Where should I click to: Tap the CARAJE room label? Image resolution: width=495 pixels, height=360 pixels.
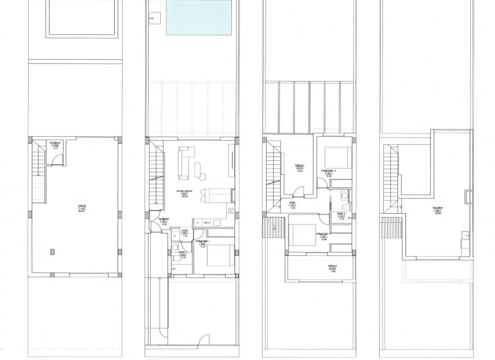tap(82, 206)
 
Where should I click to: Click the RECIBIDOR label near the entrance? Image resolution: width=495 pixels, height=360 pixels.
tap(164, 219)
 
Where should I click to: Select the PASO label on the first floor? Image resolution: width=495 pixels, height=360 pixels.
tap(292, 203)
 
